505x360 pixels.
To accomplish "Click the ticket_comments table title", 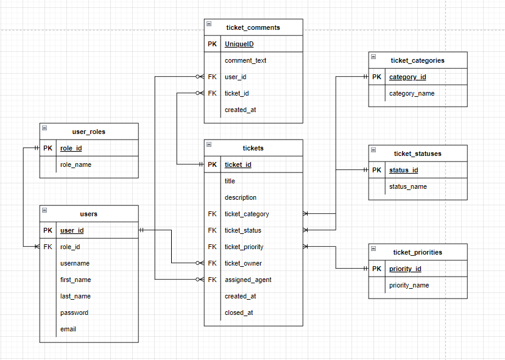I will click(253, 27).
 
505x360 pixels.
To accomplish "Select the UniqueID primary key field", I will click(239, 44).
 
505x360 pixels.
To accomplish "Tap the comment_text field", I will click(245, 60).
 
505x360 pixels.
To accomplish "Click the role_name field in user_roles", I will click(76, 164).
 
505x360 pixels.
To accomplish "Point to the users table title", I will click(88, 214).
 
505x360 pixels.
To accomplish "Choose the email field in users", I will click(68, 329).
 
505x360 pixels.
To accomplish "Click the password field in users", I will click(74, 312).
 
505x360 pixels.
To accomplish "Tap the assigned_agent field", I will click(248, 280).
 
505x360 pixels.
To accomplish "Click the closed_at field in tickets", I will click(239, 312).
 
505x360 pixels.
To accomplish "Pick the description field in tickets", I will click(241, 197).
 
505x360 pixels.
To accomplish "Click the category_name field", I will click(412, 93).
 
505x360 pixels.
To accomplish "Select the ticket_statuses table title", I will click(417, 154).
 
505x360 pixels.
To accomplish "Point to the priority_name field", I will click(409, 285).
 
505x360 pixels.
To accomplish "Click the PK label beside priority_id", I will click(376, 269).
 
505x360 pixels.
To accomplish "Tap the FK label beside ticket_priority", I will click(212, 247).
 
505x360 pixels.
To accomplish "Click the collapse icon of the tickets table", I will click(209, 145).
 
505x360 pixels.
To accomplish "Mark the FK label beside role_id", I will click(48, 247).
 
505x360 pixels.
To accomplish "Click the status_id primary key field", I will click(403, 170).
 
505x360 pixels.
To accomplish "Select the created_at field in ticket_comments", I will click(240, 110).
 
